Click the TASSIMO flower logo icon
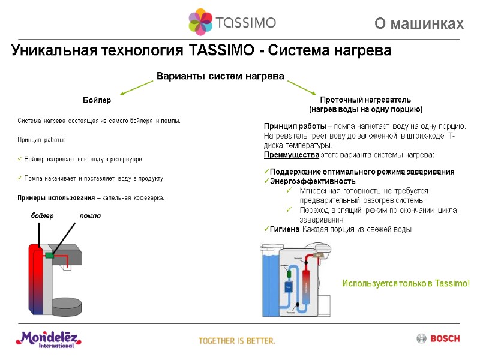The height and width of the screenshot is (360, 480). tap(200, 23)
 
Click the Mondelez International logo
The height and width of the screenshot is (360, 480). tap(48, 339)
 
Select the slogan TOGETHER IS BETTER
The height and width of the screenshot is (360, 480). tap(237, 341)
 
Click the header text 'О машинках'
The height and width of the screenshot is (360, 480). tap(419, 24)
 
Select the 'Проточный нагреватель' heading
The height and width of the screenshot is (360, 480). tap(365, 100)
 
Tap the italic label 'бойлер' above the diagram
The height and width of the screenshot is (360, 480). tap(42, 215)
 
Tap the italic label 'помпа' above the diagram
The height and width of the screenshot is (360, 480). tap(91, 215)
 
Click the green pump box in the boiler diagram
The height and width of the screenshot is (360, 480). tap(50, 256)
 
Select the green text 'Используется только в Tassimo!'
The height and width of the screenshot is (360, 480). tap(406, 283)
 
